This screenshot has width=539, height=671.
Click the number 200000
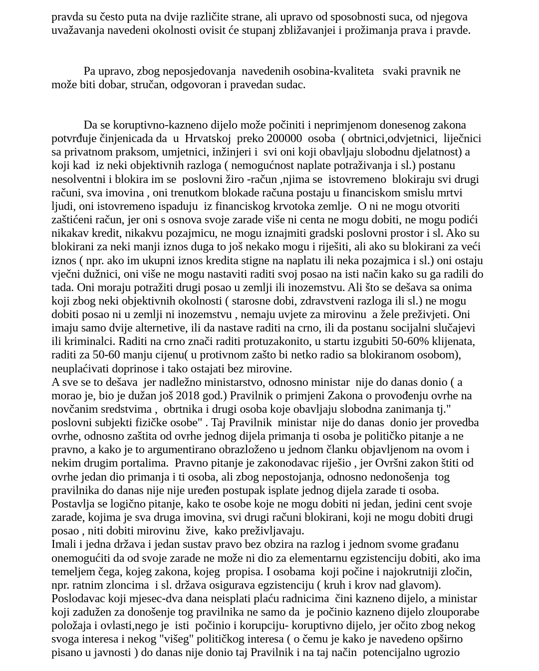pyautogui.click(x=284, y=138)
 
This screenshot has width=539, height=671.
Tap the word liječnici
pyautogui.click(x=462, y=138)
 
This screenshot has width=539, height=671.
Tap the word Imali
pyautogui.click(x=63, y=544)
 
